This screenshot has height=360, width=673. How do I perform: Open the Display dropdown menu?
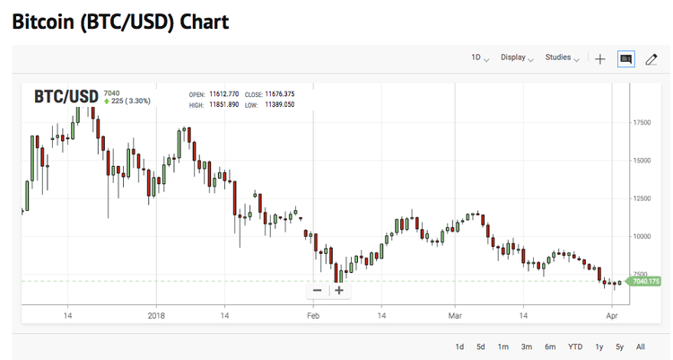pyautogui.click(x=517, y=58)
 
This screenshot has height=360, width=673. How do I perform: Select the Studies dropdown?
pyautogui.click(x=562, y=58)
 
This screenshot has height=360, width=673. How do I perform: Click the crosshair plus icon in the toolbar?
pyautogui.click(x=600, y=59)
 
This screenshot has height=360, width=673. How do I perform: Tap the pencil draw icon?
pyautogui.click(x=651, y=59)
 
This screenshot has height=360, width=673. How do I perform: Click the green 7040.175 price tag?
pyautogui.click(x=646, y=282)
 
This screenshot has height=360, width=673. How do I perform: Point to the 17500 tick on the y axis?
pyautogui.click(x=642, y=122)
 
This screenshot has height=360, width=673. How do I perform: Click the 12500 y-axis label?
pyautogui.click(x=642, y=198)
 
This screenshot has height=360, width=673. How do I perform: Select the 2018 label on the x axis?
pyautogui.click(x=157, y=315)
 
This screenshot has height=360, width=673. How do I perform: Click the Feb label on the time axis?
pyautogui.click(x=314, y=315)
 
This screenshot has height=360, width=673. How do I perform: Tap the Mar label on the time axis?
pyautogui.click(x=455, y=315)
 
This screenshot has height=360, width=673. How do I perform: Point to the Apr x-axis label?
pyautogui.click(x=612, y=315)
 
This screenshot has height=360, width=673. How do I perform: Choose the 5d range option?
pyautogui.click(x=481, y=347)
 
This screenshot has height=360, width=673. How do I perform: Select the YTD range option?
pyautogui.click(x=575, y=347)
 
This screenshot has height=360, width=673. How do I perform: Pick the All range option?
pyautogui.click(x=640, y=347)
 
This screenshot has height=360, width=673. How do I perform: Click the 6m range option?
pyautogui.click(x=549, y=347)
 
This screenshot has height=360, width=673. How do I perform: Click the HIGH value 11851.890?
pyautogui.click(x=224, y=105)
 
